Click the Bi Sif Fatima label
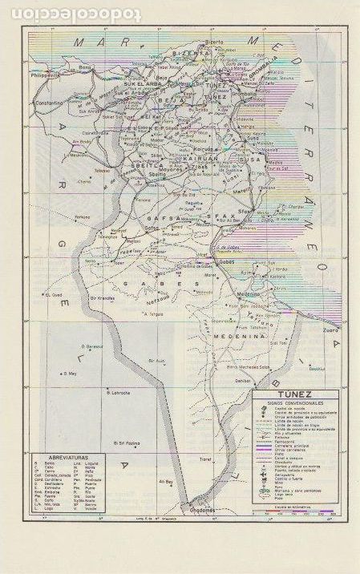[x=128, y=442]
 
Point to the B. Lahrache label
[x=118, y=392]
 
